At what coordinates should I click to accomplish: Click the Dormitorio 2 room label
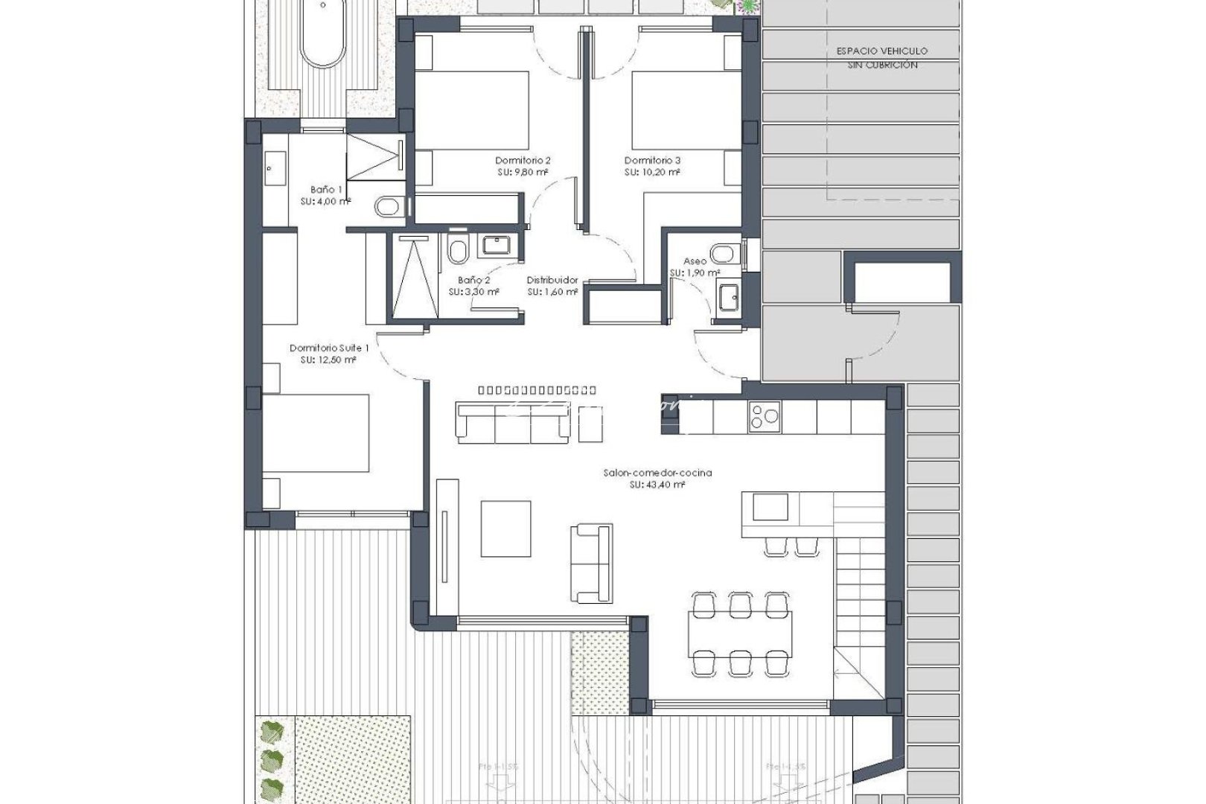coord(523,160)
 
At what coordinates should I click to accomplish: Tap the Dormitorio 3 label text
coord(652,160)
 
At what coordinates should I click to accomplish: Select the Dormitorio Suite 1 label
coord(328,348)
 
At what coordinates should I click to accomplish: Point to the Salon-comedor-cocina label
coord(657,472)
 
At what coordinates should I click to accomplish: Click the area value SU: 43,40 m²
coord(657,485)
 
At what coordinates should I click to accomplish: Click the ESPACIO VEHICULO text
coord(882,51)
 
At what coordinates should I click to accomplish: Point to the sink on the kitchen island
coord(770,508)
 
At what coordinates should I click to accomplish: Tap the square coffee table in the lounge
coord(506,528)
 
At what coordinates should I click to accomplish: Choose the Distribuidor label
coord(552,280)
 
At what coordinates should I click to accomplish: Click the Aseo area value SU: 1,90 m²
coord(694,273)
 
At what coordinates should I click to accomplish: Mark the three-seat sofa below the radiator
coord(513,422)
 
